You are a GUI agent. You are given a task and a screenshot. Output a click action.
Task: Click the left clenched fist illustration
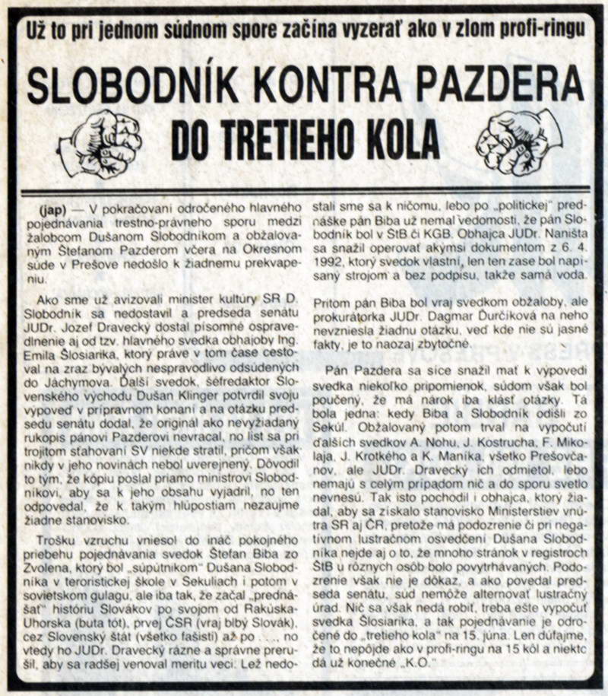[x=99, y=141]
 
